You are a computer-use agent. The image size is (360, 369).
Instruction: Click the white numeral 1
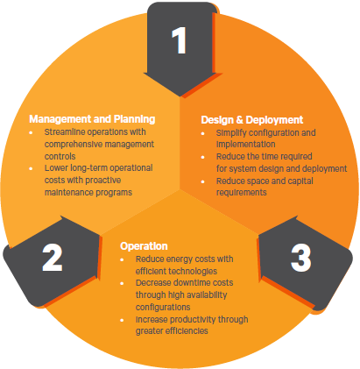(x=179, y=40)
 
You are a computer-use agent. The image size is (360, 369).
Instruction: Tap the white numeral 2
(x=53, y=258)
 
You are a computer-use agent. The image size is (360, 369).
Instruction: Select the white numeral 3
(x=300, y=258)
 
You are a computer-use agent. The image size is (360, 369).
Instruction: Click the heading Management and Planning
(x=92, y=119)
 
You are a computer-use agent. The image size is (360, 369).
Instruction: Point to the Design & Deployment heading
(x=252, y=120)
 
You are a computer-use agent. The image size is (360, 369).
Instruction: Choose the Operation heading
(x=144, y=246)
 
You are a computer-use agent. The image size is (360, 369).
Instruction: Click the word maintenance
(x=68, y=192)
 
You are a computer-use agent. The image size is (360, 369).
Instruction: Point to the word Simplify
(x=231, y=133)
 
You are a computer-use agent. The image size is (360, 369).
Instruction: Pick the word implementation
(x=245, y=145)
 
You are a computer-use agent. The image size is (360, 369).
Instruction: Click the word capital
(x=300, y=181)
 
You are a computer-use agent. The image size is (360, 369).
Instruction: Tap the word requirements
(x=242, y=193)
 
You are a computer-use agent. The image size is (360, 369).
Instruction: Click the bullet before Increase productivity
(x=122, y=320)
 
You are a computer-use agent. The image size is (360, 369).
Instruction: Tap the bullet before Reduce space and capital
(x=203, y=181)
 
